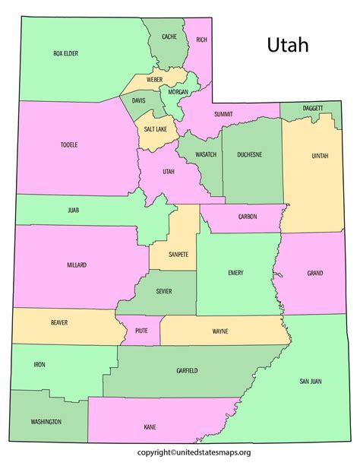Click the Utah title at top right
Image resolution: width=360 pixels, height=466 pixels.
287,45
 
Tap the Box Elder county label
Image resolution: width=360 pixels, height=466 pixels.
66,53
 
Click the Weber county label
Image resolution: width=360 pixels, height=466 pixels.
154,79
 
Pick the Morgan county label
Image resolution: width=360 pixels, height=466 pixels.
178,91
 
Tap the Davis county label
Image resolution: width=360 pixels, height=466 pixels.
139,100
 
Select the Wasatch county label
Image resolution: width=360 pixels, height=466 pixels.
205,154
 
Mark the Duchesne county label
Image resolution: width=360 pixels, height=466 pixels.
249,154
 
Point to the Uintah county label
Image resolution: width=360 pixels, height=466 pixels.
320,155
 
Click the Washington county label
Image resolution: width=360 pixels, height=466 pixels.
46,421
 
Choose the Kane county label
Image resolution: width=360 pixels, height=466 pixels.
150,427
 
